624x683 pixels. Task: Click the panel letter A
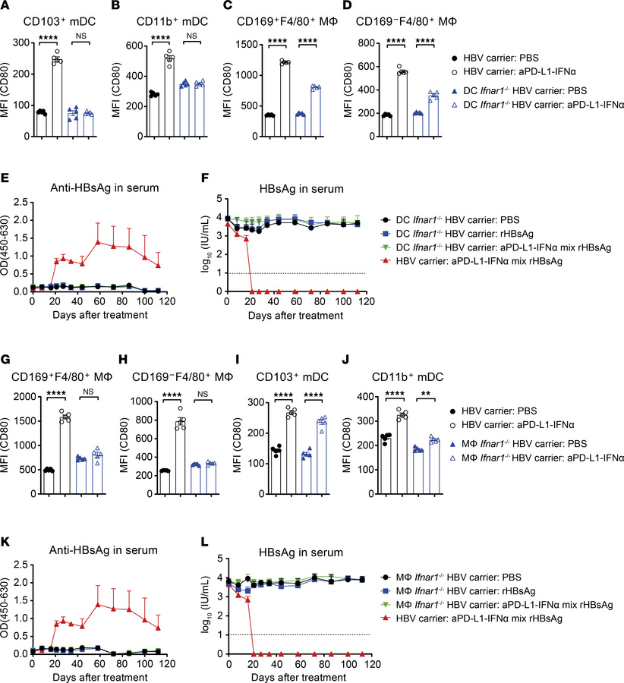7,8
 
